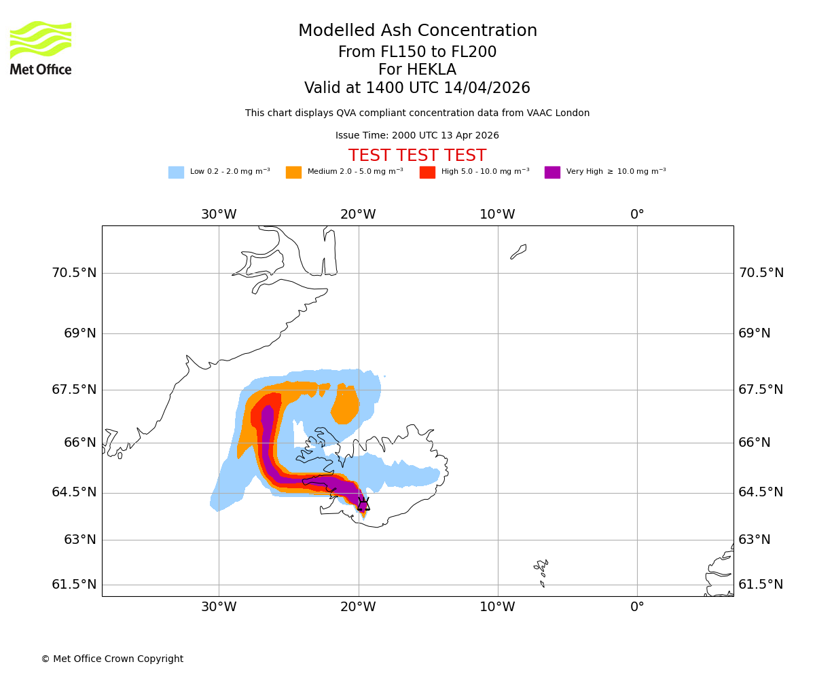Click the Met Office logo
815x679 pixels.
pos(41,48)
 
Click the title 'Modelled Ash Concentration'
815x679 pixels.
pos(418,31)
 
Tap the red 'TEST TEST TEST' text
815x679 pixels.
pos(417,156)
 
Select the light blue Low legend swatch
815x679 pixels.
pos(176,172)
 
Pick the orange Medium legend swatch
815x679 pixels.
pos(293,172)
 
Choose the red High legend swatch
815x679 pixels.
pos(427,172)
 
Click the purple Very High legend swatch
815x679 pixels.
pos(552,172)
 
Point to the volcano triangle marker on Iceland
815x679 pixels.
pos(363,504)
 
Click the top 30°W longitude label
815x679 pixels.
pos(219,215)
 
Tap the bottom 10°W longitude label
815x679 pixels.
pos(497,607)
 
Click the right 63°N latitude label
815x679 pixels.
pos(754,540)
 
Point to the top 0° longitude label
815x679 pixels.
pos(637,215)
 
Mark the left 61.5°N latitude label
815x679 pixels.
pos(74,585)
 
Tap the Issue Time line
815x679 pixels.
pos(417,136)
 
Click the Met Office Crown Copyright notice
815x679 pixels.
pos(112,659)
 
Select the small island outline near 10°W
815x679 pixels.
pos(518,252)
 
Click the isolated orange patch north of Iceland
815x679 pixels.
pos(346,407)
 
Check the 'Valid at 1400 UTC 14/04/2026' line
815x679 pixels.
pos(417,88)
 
